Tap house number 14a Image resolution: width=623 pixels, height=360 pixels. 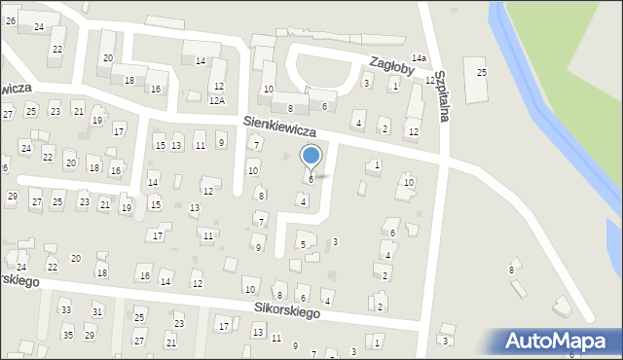tap(419, 59)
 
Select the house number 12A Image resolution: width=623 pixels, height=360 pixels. tap(217, 100)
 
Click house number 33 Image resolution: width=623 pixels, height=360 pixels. tap(66, 310)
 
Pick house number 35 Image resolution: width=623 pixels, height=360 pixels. tap(67, 336)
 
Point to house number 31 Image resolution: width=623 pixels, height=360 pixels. tap(98, 311)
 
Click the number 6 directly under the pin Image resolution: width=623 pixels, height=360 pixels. tap(311, 179)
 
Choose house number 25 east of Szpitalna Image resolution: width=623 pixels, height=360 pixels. tap(481, 73)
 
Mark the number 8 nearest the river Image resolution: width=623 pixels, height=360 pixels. tap(511, 270)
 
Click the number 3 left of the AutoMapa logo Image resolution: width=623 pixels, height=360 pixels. tap(445, 341)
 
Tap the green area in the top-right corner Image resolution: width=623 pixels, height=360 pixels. tap(574, 39)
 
